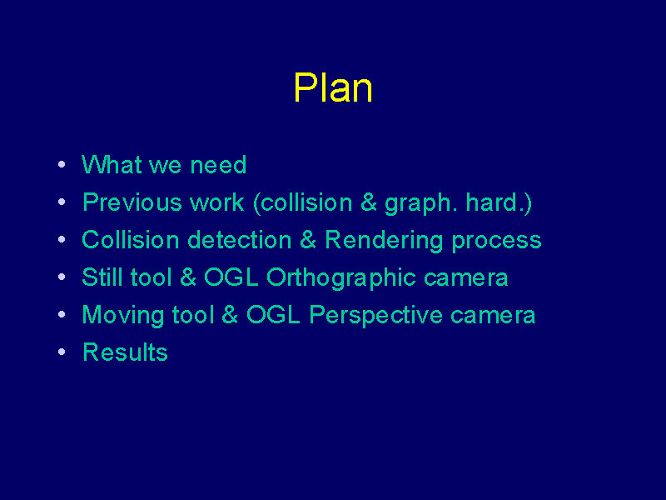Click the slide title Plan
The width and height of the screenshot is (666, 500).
pos(333,87)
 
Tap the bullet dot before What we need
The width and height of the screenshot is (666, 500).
pos(62,164)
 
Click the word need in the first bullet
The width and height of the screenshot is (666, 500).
pos(218,165)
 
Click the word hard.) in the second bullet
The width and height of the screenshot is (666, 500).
pos(499,203)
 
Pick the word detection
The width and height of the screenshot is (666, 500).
pos(240,240)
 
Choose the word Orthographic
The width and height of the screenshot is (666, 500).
pos(341,278)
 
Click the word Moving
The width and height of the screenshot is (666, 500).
pos(122,316)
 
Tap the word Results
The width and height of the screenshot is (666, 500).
pos(126,352)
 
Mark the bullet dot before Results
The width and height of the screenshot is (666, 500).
pos(62,352)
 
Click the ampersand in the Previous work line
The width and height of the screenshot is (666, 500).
pos(369,202)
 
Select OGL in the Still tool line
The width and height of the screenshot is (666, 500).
pos(231,277)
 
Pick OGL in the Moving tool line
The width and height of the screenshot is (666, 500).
pos(274,315)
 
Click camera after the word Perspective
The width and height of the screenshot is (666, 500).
pos(493,317)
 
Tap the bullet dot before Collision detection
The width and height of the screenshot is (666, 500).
pos(62,240)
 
